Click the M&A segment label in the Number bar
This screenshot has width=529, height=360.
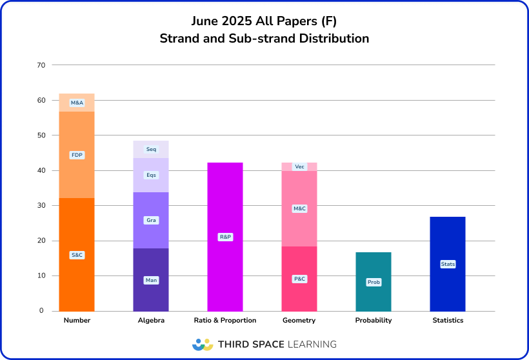[77, 103]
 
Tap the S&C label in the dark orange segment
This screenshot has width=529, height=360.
[77, 255]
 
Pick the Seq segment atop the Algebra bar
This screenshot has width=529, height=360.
[151, 149]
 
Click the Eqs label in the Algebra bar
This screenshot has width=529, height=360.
[151, 175]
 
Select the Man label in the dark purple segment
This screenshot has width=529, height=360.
[151, 280]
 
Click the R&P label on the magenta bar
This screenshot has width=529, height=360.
[225, 237]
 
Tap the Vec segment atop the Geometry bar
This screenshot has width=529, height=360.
[299, 166]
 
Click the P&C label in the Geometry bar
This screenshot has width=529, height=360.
[299, 279]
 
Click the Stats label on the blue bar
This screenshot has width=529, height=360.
[448, 264]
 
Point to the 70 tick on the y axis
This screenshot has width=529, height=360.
[41, 65]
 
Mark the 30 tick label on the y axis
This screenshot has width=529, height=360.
[41, 206]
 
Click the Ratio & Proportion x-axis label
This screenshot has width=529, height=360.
[225, 321]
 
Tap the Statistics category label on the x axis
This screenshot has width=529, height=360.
[448, 321]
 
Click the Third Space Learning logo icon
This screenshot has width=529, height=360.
[203, 345]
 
